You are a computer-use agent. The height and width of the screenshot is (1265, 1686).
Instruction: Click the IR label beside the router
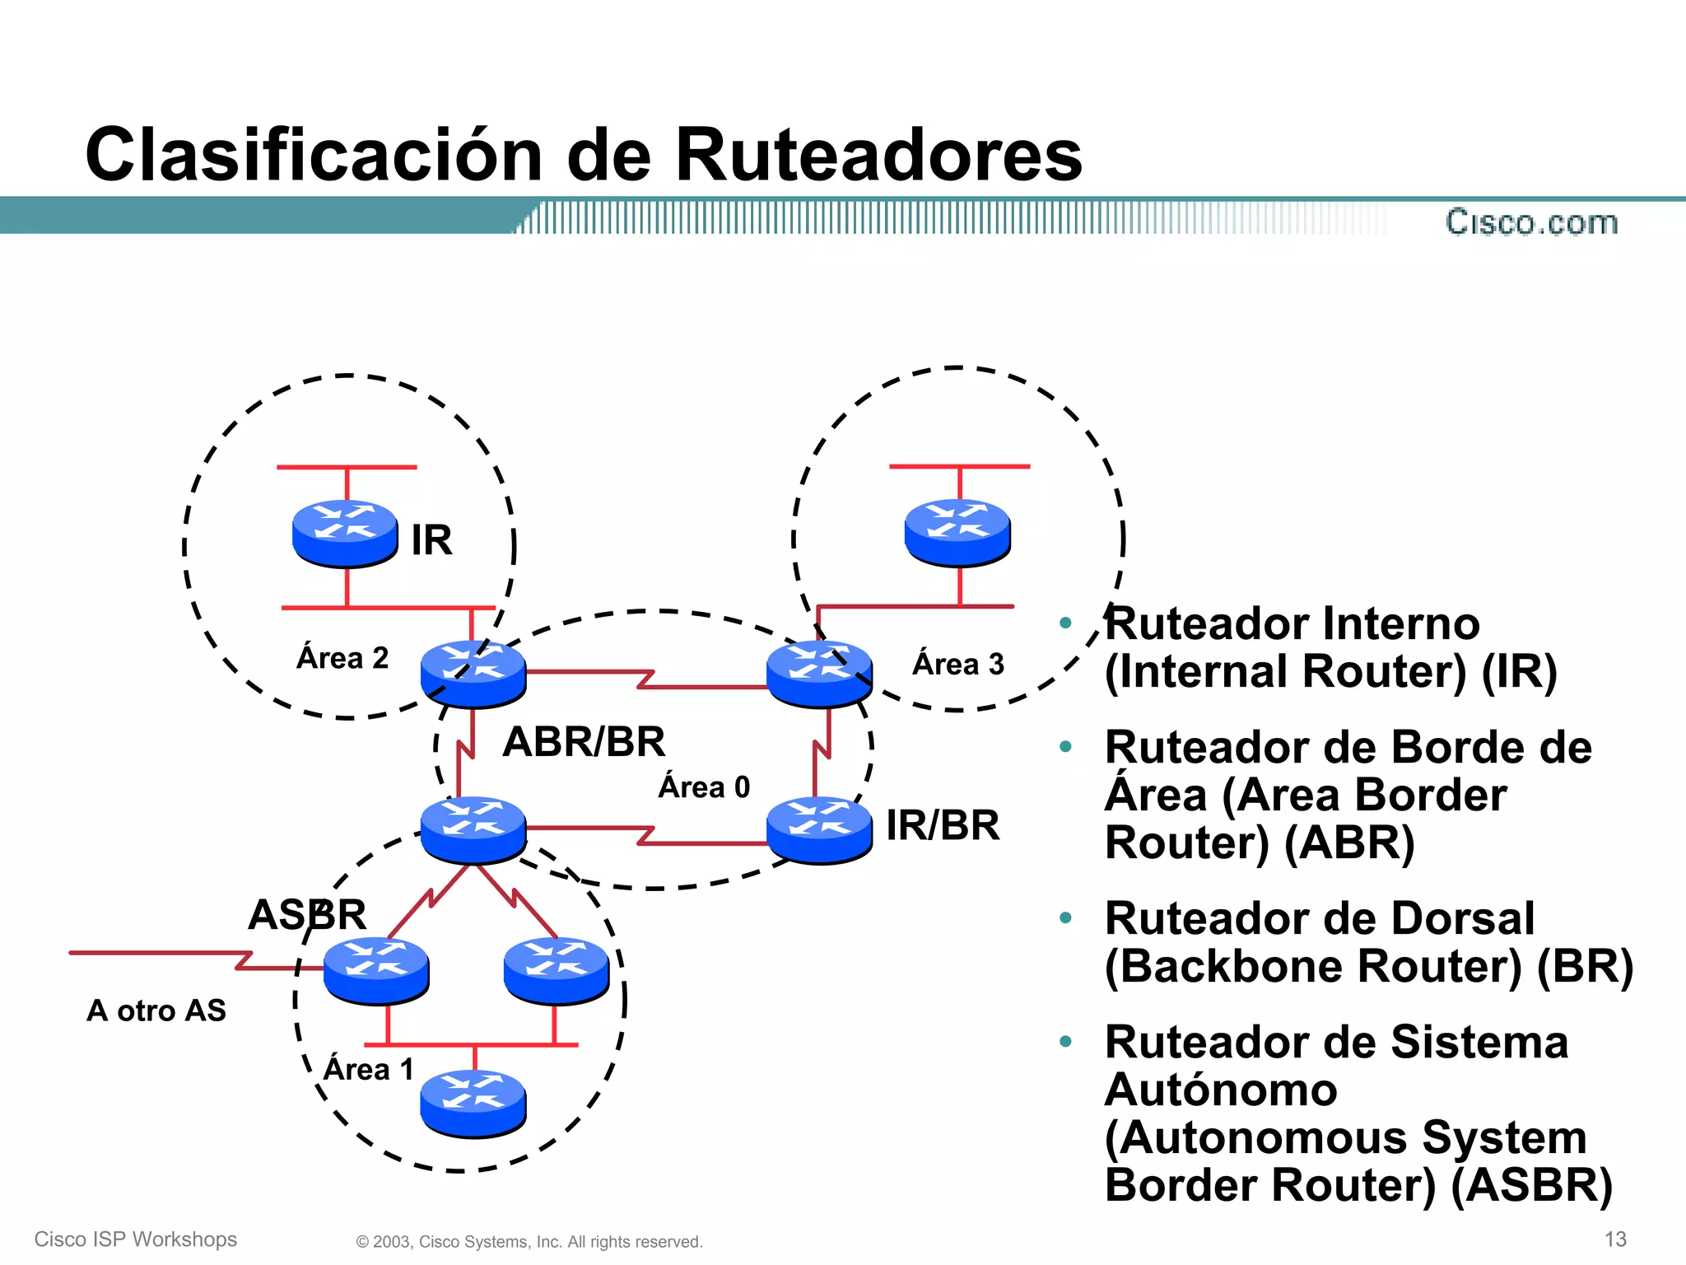431,540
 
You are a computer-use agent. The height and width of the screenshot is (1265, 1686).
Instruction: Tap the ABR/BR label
584,741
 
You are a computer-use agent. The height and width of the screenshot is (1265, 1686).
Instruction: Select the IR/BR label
943,825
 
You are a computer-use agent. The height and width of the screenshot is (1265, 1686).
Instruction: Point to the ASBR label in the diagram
307,914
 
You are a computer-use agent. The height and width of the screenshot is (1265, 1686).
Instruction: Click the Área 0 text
704,787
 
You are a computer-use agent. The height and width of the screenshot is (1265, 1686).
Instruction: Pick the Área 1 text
368,1069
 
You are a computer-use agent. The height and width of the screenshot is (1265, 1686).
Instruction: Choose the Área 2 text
342,658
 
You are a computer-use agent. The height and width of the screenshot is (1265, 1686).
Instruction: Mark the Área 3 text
958,664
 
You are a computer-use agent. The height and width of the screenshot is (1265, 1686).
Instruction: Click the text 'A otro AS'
156,1011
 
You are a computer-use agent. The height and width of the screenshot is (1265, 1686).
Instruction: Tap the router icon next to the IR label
345,533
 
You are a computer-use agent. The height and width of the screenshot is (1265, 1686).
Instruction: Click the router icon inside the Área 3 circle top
957,532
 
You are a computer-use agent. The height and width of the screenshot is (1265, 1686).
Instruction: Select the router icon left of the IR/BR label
818,829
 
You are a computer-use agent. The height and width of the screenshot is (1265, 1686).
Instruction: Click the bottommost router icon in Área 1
473,1104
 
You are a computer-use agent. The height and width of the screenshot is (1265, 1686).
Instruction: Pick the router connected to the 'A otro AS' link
376,970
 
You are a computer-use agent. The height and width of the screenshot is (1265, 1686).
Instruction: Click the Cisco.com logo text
1531,222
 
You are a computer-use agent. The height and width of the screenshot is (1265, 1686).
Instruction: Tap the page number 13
1615,1239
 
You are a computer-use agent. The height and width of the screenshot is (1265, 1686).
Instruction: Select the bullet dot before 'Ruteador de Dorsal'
1065,917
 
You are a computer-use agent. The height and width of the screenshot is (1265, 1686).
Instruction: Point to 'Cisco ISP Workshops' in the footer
136,1239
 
